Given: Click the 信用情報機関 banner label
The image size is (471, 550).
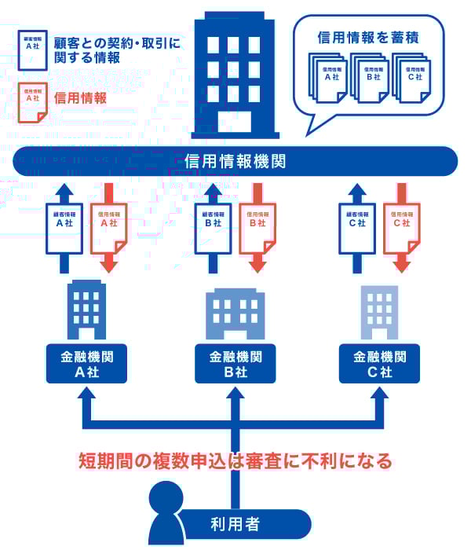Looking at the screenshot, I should tap(235, 162).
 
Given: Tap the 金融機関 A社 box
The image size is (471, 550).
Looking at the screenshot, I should tap(84, 364).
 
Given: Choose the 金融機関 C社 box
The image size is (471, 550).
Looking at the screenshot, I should tap(381, 364).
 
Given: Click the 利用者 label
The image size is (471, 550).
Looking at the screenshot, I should tap(235, 523).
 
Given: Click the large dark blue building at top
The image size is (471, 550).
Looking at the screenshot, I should tap(232, 79).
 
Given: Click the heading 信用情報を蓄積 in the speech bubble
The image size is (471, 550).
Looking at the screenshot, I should tap(367, 36).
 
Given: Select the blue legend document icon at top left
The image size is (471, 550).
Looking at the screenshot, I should tap(34, 48).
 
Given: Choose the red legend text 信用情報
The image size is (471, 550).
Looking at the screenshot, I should tap(82, 99).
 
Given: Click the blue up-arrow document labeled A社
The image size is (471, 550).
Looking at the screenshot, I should tap(64, 228).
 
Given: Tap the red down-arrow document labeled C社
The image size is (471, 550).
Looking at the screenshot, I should tap(402, 228).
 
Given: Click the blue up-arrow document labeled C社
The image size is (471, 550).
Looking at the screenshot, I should tap(357, 228).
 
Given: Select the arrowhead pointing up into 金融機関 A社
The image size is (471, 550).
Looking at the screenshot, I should tap(84, 398).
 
